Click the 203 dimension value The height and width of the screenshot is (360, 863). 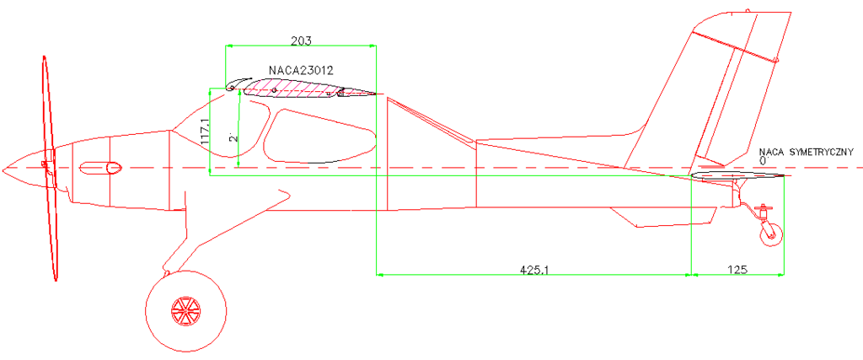[x=301, y=40]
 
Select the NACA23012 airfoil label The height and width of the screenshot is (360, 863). [x=301, y=71]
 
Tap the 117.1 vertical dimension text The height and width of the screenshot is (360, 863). [x=205, y=132]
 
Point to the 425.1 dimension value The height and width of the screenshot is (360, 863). [x=533, y=270]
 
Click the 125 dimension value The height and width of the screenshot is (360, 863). [x=737, y=270]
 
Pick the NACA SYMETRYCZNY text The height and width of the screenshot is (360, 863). [x=807, y=152]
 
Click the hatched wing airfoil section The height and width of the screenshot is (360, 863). [x=308, y=89]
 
